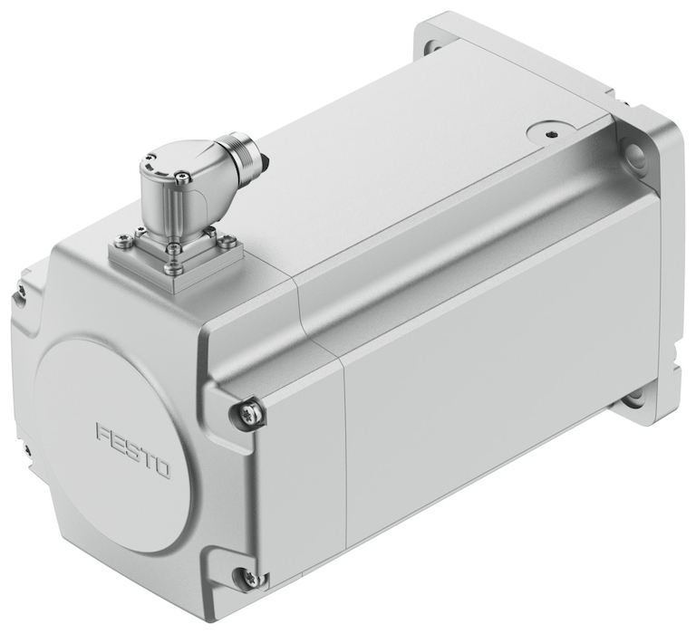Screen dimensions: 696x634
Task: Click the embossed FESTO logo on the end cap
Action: pyautogui.click(x=133, y=451)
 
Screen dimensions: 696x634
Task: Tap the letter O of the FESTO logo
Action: pyautogui.click(x=162, y=469)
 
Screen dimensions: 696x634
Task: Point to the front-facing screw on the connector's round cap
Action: pyautogui.click(x=181, y=177)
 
